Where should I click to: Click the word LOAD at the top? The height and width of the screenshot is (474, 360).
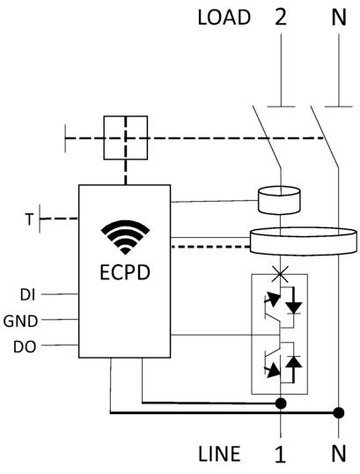(224, 18)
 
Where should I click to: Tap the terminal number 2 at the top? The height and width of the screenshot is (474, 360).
(282, 18)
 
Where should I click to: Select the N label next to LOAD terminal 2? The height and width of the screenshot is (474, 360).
(337, 18)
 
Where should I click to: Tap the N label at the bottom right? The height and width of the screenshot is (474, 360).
(338, 455)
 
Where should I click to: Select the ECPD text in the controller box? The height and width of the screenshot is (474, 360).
(125, 271)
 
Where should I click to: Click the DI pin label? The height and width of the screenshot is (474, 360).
(26, 293)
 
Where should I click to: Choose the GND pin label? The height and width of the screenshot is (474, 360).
(22, 320)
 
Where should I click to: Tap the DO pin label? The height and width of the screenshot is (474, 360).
(25, 346)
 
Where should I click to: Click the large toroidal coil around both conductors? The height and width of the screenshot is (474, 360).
(304, 241)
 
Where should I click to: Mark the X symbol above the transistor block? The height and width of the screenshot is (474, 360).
(281, 276)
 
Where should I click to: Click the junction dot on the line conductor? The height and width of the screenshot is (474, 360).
(281, 404)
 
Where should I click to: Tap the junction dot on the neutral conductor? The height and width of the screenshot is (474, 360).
(337, 411)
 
